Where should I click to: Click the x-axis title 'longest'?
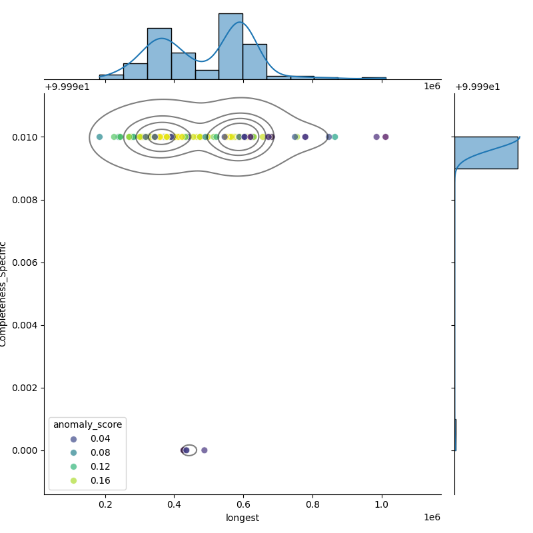point(243,518)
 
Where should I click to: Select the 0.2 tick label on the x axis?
point(105,504)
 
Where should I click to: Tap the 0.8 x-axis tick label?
point(312,504)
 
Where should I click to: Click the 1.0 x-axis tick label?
point(382,504)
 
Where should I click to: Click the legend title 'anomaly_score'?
point(87,424)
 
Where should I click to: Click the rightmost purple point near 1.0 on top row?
point(385,137)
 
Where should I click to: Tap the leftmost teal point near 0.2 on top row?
point(99,137)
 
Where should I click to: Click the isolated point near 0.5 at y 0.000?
point(205,450)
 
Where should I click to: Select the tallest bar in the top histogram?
point(231,46)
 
